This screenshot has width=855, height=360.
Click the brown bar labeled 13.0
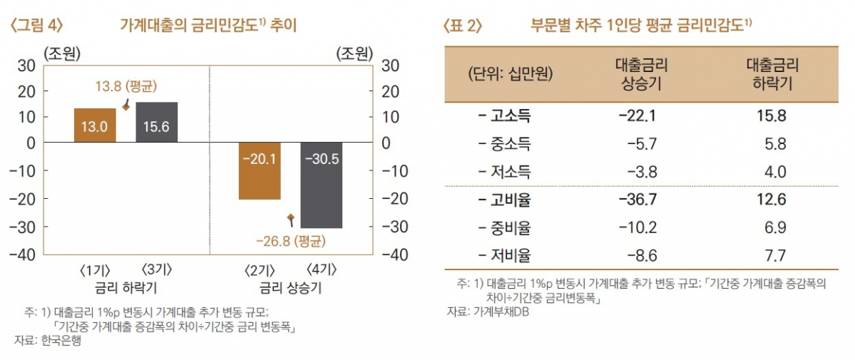coord(95,125)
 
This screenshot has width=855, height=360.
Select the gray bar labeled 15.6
coord(156,123)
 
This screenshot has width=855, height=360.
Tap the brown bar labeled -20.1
coord(259,171)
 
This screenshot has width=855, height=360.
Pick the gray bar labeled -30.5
coord(321,185)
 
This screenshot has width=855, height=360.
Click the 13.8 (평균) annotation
coord(126,86)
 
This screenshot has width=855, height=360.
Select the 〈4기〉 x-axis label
coord(322,272)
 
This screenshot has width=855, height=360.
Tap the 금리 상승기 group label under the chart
coord(291,288)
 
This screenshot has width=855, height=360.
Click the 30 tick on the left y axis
coord(26,66)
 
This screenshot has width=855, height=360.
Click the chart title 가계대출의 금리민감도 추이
coord(207,26)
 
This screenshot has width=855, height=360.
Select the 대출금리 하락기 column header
coord(773,74)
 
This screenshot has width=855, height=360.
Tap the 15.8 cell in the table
coord(773,115)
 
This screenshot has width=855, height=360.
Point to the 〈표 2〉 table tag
coord(463,26)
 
